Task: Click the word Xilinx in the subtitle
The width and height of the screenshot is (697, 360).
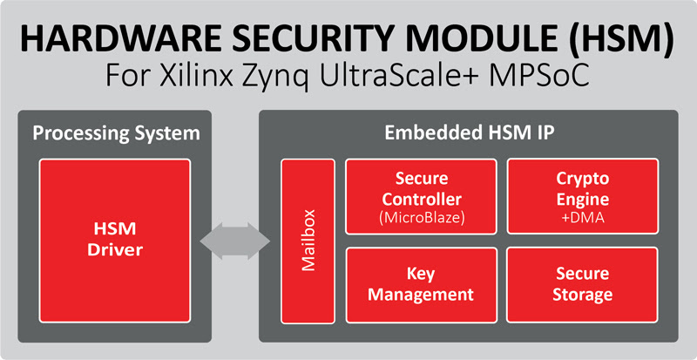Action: click(195, 76)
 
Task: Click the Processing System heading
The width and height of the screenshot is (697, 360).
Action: click(116, 134)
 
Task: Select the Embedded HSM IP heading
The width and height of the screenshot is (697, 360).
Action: click(470, 133)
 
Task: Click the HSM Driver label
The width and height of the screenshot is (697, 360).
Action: click(115, 240)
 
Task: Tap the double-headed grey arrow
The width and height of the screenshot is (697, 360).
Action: click(234, 241)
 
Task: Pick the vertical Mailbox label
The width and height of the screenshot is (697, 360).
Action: click(308, 241)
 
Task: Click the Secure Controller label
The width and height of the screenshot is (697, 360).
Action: click(422, 189)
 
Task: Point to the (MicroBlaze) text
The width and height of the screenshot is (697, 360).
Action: click(422, 219)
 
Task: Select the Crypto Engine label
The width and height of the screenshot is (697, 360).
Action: click(582, 189)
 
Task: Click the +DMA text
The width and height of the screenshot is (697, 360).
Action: click(582, 218)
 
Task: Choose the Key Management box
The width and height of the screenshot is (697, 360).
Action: click(422, 285)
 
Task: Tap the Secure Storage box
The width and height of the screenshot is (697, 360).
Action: click(582, 285)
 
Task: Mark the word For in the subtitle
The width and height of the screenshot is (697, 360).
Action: click(127, 76)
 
